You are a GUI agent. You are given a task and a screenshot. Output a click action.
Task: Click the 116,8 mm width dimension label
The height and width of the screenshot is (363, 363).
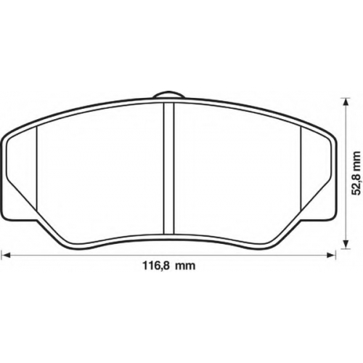(168, 266)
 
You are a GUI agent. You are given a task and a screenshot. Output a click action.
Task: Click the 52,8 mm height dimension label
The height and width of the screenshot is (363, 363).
(356, 173)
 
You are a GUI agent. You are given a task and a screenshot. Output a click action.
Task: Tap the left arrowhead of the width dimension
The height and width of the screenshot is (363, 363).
(6, 255)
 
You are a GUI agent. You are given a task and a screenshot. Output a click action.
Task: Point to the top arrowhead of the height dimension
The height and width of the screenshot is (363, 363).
(346, 102)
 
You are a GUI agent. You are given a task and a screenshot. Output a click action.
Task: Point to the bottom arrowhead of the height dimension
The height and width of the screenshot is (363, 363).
(346, 244)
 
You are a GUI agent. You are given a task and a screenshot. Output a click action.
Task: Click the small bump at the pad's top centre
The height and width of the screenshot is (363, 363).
(168, 95)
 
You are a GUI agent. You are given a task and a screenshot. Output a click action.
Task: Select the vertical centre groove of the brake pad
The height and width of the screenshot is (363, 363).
(169, 168)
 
